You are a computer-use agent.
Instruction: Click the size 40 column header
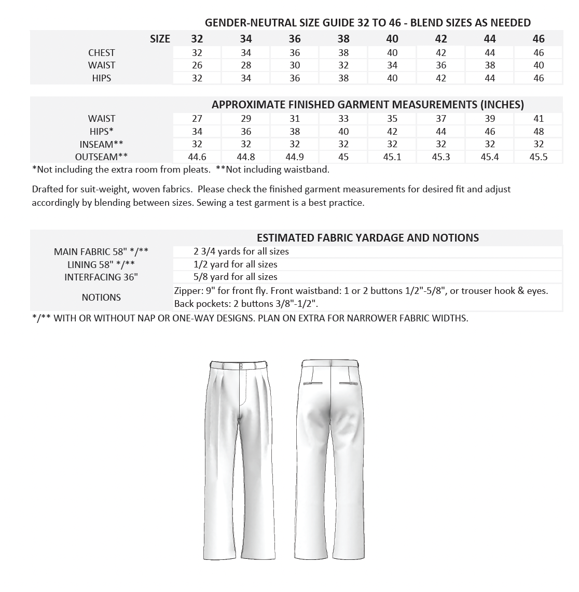point(392,39)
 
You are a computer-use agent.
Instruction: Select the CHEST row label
point(102,52)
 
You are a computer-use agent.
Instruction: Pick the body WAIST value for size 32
point(197,65)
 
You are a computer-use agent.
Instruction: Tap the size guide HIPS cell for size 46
point(539,78)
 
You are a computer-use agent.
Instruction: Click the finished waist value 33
point(343,119)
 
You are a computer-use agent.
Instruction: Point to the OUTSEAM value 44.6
point(197,157)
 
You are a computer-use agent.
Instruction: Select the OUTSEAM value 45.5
point(539,157)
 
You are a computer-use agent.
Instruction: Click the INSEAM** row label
point(102,144)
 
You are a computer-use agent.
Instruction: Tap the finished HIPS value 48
point(539,132)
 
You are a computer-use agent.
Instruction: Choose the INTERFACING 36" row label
point(101,277)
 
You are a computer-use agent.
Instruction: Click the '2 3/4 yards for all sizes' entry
point(241,251)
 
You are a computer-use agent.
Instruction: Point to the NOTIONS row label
point(101,298)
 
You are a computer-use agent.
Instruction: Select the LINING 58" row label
point(101,264)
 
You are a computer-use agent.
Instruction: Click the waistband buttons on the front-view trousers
point(241,366)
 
